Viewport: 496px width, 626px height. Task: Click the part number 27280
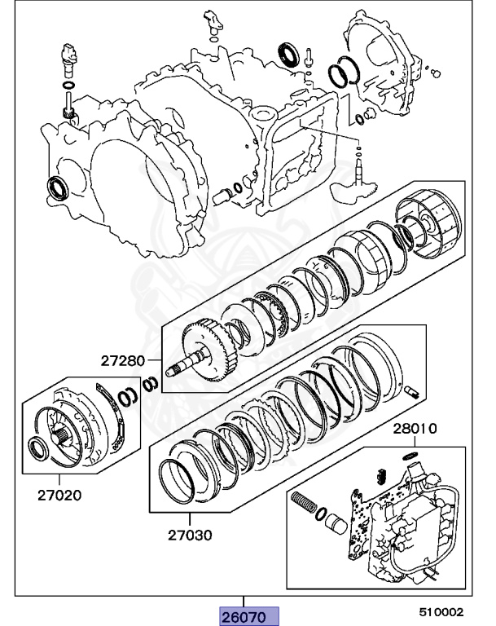[x=122, y=360]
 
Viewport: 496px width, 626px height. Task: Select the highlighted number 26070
[x=244, y=617]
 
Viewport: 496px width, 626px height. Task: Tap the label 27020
[x=59, y=496]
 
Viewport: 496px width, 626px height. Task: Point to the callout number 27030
[x=190, y=535]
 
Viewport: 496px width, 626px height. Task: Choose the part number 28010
[x=415, y=429]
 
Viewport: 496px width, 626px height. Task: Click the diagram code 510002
[x=441, y=612]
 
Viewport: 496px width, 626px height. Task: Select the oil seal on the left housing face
[x=58, y=187]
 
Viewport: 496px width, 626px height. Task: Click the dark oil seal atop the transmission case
[x=288, y=53]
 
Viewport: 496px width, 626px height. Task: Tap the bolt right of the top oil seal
[x=308, y=57]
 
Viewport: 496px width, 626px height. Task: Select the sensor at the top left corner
[x=68, y=59]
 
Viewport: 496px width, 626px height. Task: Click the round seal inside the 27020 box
[x=40, y=449]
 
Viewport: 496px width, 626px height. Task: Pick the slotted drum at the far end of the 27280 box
[x=432, y=223]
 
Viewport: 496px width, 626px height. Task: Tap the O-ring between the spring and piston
[x=321, y=514]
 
